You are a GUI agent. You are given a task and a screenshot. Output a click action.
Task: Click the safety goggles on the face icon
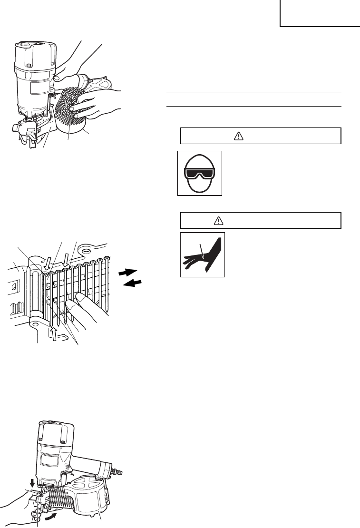click(x=200, y=174)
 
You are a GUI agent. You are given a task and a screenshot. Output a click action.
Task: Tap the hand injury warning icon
click(x=202, y=255)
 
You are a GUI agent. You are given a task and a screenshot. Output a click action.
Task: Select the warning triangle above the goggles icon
click(x=239, y=136)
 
